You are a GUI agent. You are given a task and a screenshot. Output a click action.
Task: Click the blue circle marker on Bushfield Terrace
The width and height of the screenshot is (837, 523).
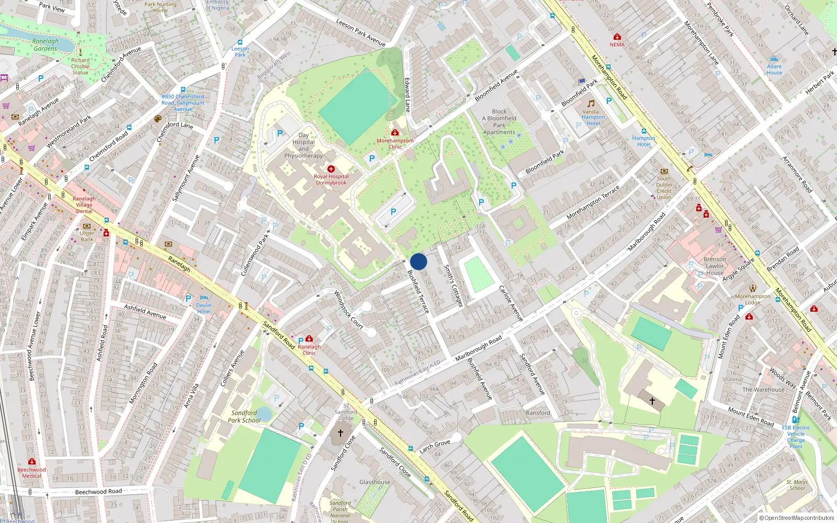[418, 261]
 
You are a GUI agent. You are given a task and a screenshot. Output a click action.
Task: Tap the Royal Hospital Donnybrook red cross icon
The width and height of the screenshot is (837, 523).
[331, 169]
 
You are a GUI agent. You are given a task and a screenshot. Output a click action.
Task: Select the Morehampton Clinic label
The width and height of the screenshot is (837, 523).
[395, 144]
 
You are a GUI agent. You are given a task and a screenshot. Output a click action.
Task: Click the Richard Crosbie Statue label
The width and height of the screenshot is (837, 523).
[81, 66]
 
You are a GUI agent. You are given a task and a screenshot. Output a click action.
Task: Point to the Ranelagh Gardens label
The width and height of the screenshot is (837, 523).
[46, 45]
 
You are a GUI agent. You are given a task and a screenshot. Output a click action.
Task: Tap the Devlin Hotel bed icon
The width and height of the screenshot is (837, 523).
[204, 298]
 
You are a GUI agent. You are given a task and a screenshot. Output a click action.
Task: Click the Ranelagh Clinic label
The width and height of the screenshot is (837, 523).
[309, 350]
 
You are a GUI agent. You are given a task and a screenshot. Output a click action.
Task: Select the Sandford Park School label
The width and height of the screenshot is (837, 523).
[244, 417]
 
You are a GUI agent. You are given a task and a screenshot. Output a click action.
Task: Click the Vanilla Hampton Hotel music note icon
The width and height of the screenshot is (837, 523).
[591, 104]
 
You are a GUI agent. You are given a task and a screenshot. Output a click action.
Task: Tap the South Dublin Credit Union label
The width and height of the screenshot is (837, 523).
[664, 188]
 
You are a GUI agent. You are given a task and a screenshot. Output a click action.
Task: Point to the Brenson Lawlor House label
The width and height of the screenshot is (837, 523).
[715, 266]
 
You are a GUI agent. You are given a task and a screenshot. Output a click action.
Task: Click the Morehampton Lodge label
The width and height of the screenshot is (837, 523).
[752, 299]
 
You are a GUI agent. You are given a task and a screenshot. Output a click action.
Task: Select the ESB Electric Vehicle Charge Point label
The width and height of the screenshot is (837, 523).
[796, 437]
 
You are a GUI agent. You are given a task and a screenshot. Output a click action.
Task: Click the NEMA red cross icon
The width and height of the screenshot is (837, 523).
[617, 37]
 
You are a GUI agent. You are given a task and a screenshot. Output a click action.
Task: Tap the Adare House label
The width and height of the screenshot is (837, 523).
[774, 70]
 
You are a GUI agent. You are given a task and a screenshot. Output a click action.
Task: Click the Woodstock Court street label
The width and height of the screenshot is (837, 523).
[348, 310]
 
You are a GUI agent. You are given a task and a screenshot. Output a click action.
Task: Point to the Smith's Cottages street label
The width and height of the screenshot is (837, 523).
[453, 286]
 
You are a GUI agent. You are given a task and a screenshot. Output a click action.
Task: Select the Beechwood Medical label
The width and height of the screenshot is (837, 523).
[31, 473]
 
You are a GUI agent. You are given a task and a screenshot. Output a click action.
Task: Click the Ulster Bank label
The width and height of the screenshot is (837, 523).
[87, 236]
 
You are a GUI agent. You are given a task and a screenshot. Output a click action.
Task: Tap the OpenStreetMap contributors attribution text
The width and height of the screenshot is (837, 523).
[797, 518]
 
